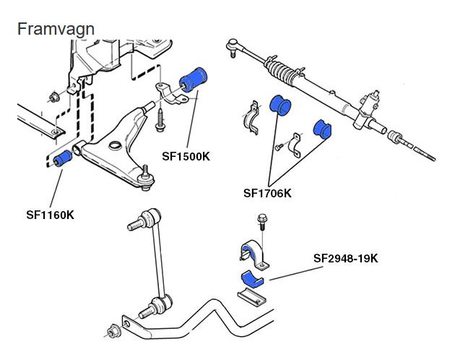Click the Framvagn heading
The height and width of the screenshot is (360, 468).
(56, 30)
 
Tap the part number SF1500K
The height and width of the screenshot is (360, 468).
(186, 156)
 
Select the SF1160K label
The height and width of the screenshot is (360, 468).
(50, 215)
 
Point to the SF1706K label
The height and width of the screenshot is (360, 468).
(267, 193)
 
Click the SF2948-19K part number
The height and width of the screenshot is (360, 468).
(346, 258)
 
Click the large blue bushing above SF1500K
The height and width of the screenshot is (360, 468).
(194, 80)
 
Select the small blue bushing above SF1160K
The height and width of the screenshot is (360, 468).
(62, 158)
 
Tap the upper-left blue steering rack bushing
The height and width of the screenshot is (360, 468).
(280, 104)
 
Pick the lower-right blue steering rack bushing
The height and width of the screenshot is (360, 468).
(322, 129)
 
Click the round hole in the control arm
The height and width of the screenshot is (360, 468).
(115, 145)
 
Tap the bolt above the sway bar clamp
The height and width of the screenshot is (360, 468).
(262, 222)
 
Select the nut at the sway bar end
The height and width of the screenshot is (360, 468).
(113, 331)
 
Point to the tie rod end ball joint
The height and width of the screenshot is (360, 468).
(232, 46)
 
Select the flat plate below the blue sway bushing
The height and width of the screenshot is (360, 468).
(252, 296)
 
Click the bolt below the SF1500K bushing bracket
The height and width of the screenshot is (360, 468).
(160, 119)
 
